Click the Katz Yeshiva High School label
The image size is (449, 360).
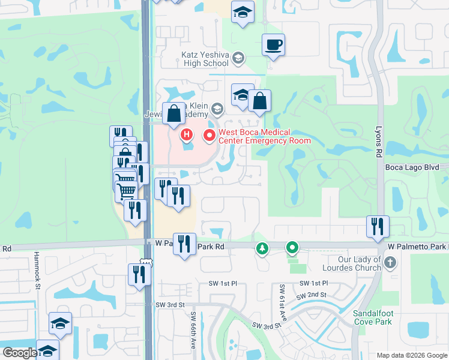click(205, 58)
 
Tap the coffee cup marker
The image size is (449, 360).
click(273, 45)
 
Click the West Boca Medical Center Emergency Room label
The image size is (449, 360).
click(264, 136)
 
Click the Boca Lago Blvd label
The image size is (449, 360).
click(417, 167)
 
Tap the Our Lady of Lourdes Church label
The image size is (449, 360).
click(352, 263)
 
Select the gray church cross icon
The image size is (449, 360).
click(390, 262)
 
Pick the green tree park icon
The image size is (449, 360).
click(262, 248)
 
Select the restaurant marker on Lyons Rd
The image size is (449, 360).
click(378, 226)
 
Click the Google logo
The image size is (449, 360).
click(20, 353)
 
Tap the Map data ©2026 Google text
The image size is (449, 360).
click(411, 355)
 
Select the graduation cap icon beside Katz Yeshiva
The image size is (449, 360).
click(238, 58)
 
